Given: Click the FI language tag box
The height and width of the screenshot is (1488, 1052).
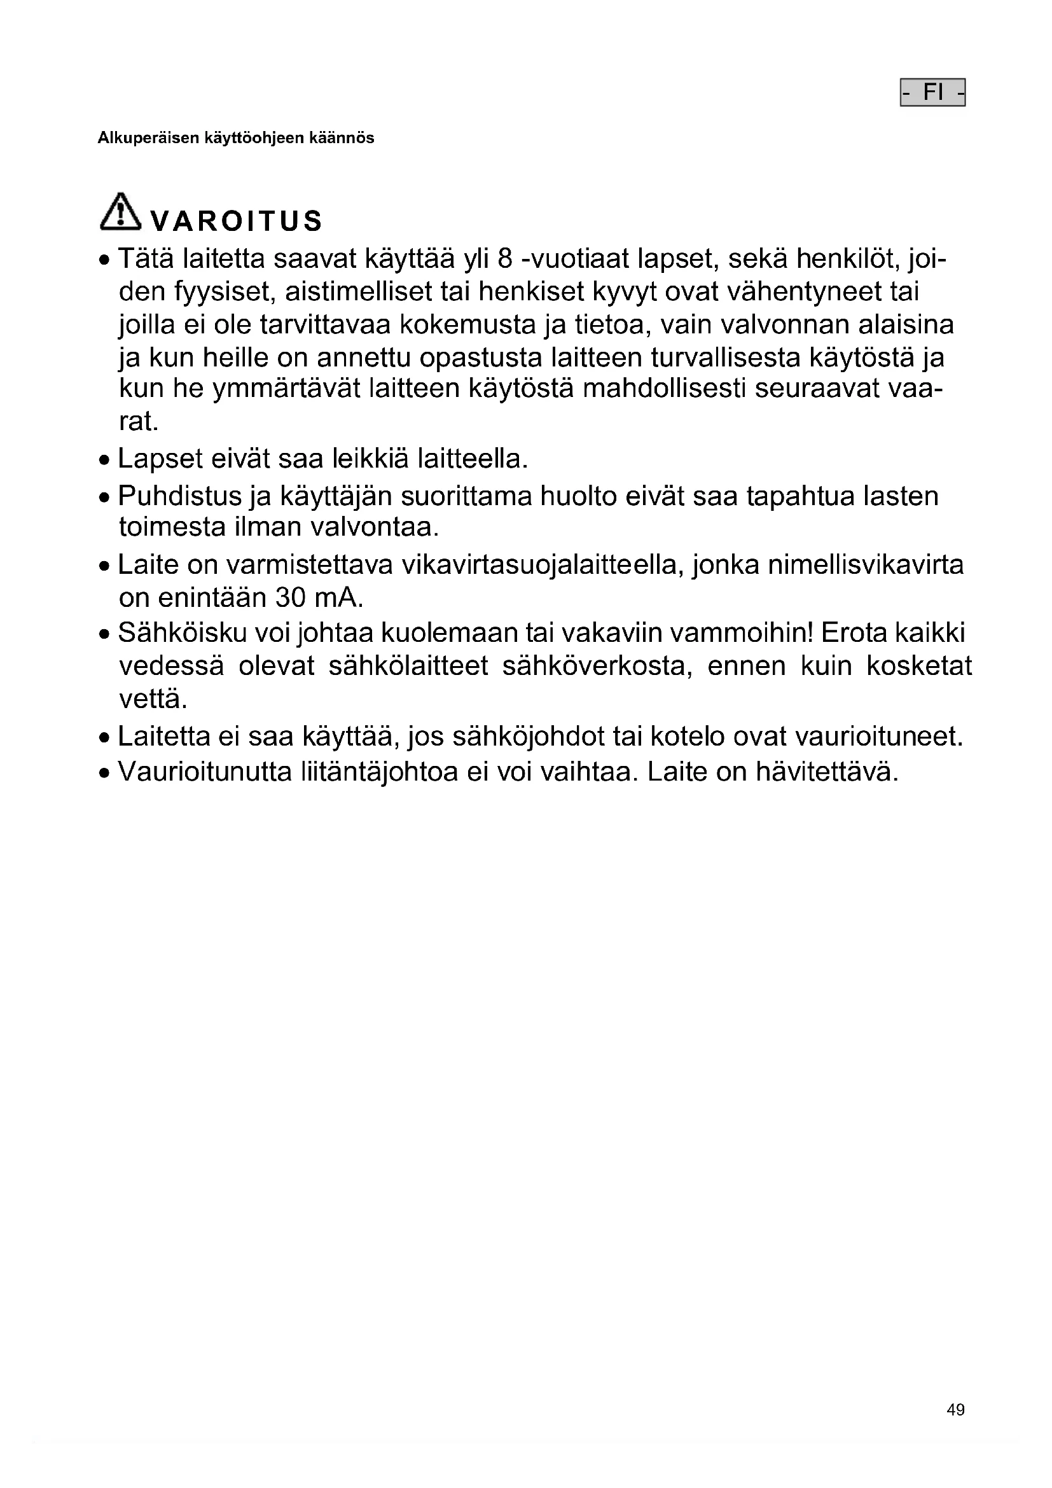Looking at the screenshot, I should point(932,92).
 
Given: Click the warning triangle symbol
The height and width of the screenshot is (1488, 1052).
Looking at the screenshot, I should point(120,211).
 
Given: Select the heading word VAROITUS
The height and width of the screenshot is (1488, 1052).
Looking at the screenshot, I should point(236,221).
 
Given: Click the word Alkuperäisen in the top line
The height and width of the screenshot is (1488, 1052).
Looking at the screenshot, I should point(148,138).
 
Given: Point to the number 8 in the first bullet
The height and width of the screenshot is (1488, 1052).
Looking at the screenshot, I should point(505,259).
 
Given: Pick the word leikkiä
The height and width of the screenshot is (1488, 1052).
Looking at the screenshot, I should point(371,459).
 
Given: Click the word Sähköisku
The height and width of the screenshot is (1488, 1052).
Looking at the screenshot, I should point(182,632).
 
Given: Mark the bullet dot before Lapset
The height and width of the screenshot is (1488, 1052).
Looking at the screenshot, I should point(105,461).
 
